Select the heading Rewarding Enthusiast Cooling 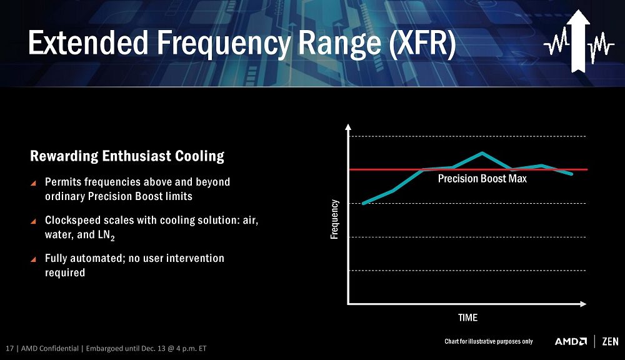pos(127,156)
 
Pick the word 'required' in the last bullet pos(64,272)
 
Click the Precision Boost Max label pos(482,179)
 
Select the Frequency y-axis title pos(334,219)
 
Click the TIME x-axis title pos(467,317)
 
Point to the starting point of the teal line pos(363,203)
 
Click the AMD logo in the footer pos(571,341)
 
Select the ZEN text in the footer pos(610,341)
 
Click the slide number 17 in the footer pos(9,348)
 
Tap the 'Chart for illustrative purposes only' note pos(488,341)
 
